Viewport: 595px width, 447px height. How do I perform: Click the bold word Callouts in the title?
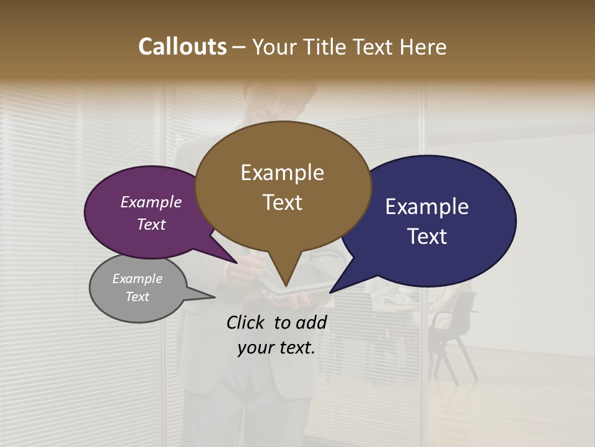click(183, 47)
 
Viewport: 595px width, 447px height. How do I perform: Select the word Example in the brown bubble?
click(282, 173)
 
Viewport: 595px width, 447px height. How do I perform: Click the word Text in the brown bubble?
click(282, 202)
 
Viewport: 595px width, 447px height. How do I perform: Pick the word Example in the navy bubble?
click(427, 207)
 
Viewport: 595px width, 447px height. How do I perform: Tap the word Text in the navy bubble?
click(427, 237)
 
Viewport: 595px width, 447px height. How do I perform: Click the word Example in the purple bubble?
click(151, 202)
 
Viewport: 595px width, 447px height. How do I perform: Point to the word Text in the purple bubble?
click(151, 224)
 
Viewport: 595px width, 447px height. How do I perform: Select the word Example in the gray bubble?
click(138, 279)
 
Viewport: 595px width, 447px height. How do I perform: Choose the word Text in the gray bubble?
click(138, 297)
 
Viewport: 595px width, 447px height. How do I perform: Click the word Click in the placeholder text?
click(246, 322)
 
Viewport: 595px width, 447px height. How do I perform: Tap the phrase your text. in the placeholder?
click(276, 348)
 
